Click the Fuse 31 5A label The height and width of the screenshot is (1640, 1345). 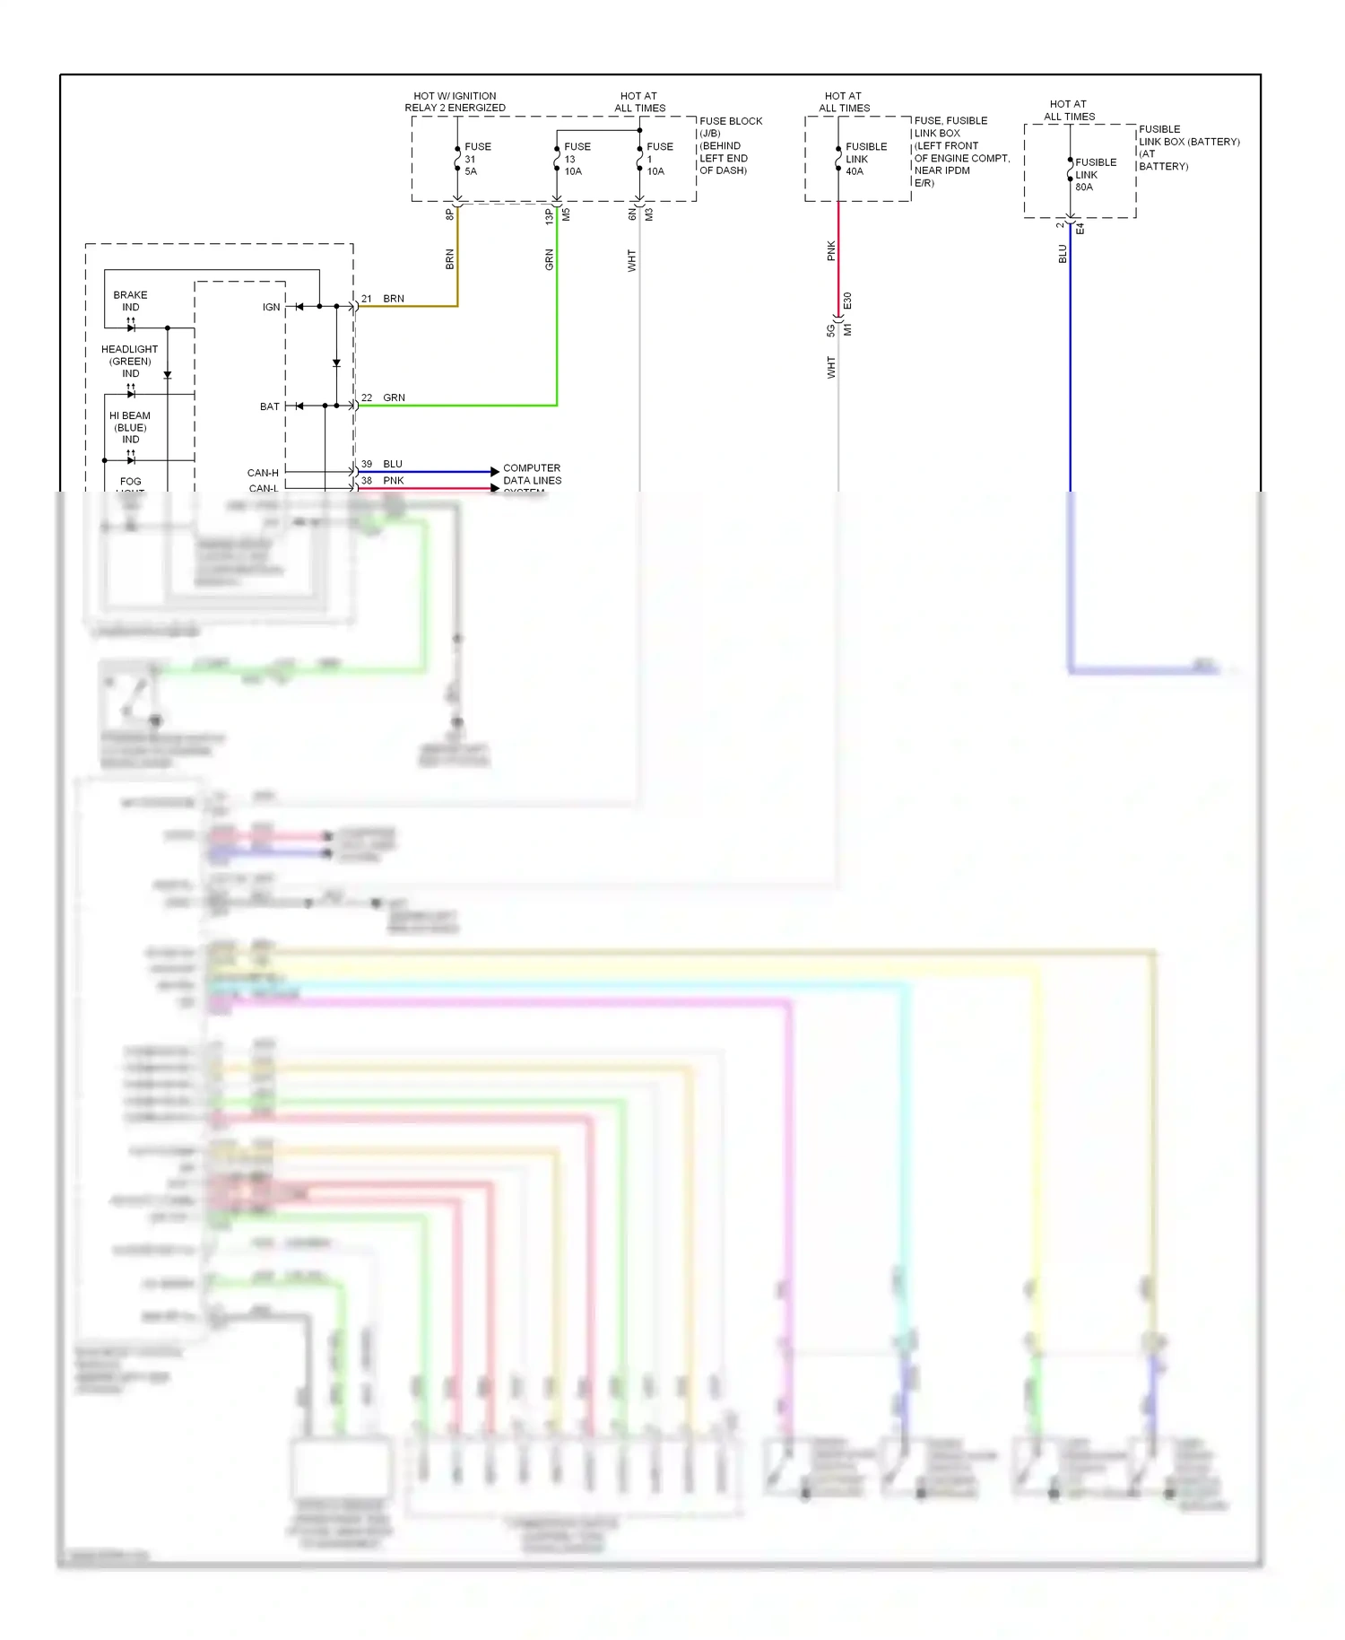tap(476, 159)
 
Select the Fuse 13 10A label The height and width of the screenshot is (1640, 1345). tap(577, 159)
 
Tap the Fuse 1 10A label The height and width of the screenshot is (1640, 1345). tap(659, 159)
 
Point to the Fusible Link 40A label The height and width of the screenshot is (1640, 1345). tap(865, 159)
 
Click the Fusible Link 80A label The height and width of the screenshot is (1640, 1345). tap(1095, 175)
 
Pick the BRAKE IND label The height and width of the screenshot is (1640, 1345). tap(130, 301)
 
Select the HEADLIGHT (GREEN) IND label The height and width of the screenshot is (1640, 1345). tap(129, 361)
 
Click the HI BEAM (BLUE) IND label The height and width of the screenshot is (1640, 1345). tap(130, 427)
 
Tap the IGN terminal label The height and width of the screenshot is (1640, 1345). tap(271, 307)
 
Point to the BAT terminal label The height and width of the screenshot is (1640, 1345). tap(269, 406)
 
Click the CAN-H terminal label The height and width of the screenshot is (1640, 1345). tap(263, 473)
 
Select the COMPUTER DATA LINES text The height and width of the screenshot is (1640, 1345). tap(532, 475)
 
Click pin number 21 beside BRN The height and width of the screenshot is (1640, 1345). tap(366, 299)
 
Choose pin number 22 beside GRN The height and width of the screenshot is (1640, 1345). tap(366, 397)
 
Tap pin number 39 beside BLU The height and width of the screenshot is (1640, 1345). tap(366, 464)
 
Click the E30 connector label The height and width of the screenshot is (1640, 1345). tap(847, 301)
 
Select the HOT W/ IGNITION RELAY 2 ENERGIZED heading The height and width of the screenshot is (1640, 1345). tap(455, 101)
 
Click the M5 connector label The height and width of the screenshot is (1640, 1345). tap(566, 215)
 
